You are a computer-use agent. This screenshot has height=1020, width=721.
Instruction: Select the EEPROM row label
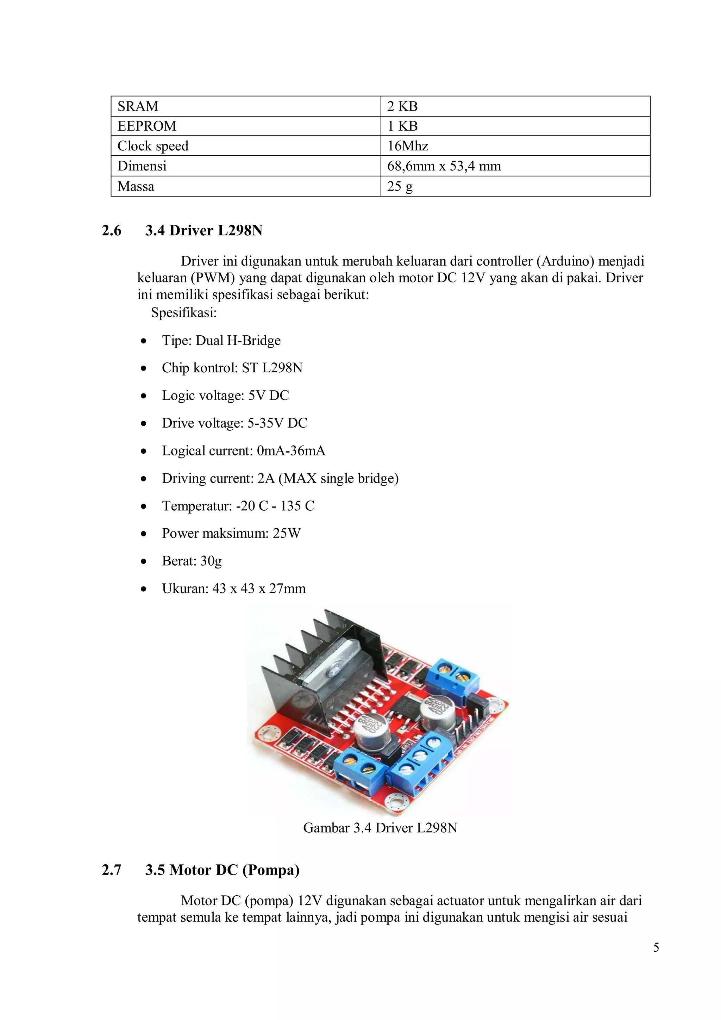(146, 126)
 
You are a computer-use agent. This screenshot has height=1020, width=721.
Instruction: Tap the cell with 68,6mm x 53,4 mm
(444, 166)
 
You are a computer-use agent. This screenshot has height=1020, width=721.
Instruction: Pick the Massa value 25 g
(400, 186)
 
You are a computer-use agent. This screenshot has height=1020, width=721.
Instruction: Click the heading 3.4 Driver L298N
(204, 231)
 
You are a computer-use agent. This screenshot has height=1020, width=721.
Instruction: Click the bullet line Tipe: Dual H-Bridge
(221, 341)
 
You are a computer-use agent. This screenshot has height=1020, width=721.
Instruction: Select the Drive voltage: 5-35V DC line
(234, 423)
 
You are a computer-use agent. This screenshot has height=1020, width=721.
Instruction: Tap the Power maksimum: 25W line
(231, 533)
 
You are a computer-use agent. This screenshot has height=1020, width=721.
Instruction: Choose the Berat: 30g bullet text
(192, 561)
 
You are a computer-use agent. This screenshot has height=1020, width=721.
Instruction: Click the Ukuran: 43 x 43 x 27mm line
(233, 589)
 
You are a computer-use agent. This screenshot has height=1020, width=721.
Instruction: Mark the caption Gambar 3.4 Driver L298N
(380, 828)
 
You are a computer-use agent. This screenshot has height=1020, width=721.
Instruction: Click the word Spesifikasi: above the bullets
(184, 313)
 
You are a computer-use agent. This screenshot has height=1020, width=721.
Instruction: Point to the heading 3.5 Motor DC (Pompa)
(222, 870)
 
